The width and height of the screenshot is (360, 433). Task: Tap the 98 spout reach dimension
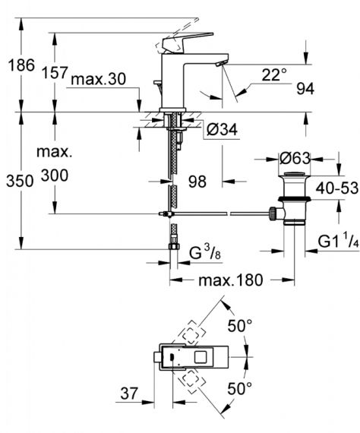[x=197, y=182]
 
